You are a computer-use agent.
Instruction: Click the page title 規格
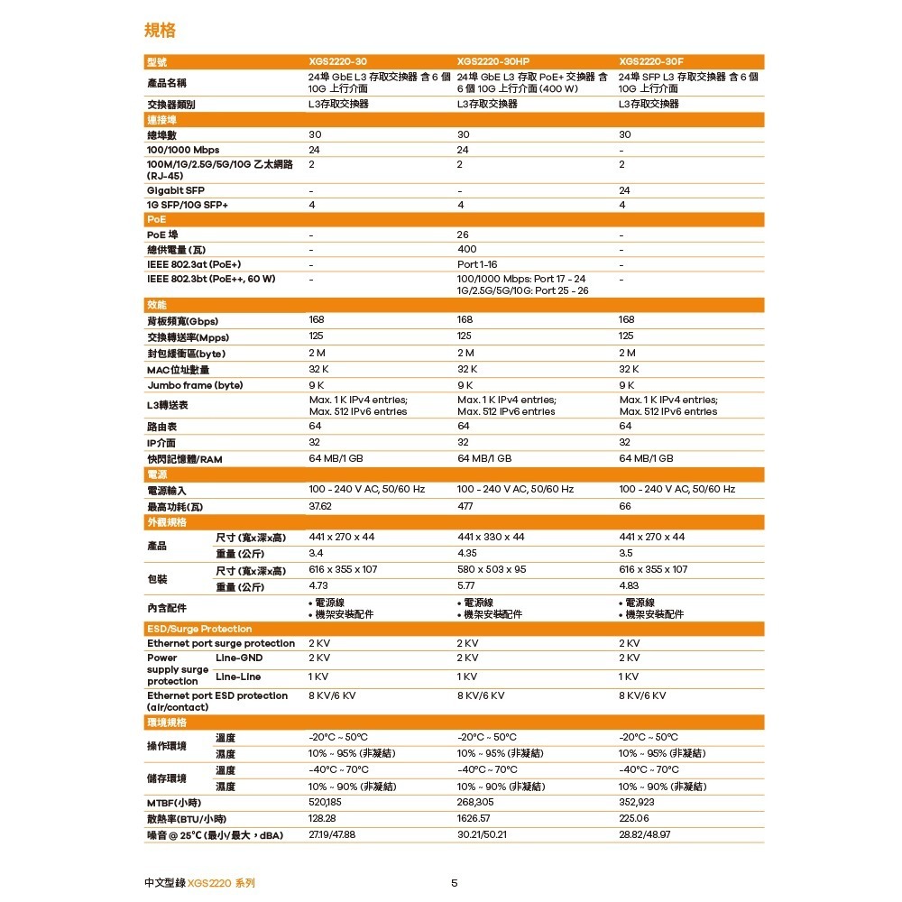[160, 32]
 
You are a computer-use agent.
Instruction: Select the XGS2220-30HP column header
[492, 61]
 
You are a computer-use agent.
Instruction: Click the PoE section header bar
[455, 219]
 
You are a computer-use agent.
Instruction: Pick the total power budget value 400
[466, 249]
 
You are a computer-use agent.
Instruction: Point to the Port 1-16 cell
[477, 264]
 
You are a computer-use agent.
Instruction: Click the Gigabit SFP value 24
[624, 190]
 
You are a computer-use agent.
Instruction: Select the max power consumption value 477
[465, 506]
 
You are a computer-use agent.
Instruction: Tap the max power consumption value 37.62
[320, 506]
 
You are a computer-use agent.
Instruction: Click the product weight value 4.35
[469, 553]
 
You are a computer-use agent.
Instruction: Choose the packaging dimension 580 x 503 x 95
[492, 569]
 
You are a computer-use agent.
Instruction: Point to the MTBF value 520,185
[325, 802]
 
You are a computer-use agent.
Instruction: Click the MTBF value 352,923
[636, 802]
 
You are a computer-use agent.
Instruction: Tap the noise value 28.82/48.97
[645, 834]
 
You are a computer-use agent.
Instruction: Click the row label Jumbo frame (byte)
[194, 385]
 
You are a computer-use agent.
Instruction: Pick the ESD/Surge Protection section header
[199, 629]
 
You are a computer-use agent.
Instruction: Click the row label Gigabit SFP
[175, 190]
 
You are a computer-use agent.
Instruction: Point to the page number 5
[454, 882]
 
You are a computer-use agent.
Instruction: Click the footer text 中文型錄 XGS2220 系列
[205, 882]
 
